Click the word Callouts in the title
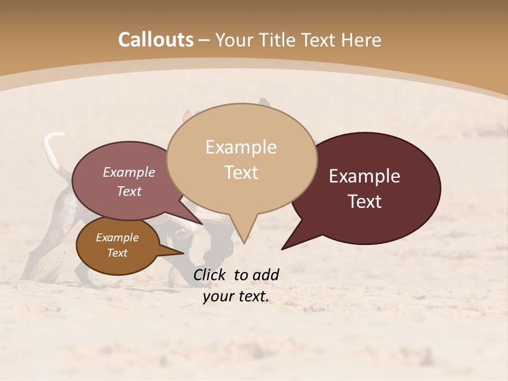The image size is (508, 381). tap(156, 40)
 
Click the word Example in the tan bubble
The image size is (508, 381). tap(241, 147)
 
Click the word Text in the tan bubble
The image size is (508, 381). tap(241, 172)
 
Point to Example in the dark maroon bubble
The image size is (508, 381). tap(365, 176)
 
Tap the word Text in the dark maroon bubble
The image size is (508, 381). tap(365, 201)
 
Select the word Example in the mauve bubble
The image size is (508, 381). tap(129, 172)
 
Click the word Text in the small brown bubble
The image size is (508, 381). tap(117, 253)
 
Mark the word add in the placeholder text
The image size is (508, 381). tap(266, 275)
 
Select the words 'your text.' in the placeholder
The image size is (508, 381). tap(236, 297)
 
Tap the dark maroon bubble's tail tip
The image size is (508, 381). tap(283, 248)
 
